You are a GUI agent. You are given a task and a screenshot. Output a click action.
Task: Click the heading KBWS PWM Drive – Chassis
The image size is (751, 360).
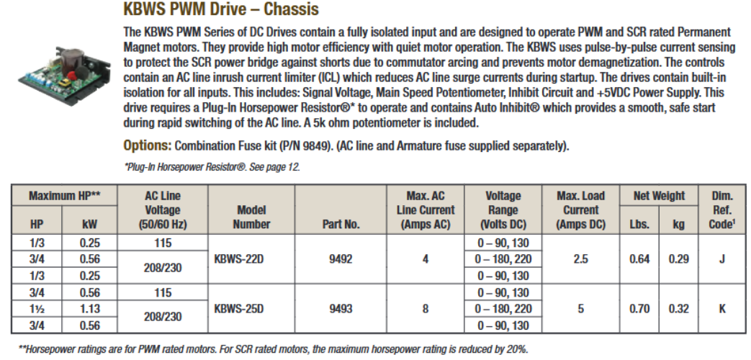pyautogui.click(x=221, y=11)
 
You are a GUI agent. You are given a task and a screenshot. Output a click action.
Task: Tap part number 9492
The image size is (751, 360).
pyautogui.click(x=341, y=259)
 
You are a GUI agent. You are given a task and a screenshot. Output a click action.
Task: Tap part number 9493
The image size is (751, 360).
pyautogui.click(x=341, y=309)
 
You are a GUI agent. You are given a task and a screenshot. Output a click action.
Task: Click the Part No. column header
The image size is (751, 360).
pyautogui.click(x=341, y=225)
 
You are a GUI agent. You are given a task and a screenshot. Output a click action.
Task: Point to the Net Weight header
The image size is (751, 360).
pyautogui.click(x=660, y=196)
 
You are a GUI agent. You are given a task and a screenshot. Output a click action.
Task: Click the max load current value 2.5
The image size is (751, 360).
pyautogui.click(x=580, y=259)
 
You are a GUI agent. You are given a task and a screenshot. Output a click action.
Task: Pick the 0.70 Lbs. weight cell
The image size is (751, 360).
pyautogui.click(x=639, y=309)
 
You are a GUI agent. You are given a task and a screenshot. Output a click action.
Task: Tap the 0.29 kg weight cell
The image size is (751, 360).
pyautogui.click(x=678, y=259)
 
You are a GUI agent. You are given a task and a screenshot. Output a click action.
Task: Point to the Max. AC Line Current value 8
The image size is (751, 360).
pyautogui.click(x=425, y=309)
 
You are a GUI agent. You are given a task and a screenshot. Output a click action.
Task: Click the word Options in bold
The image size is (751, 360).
pyautogui.click(x=147, y=145)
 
